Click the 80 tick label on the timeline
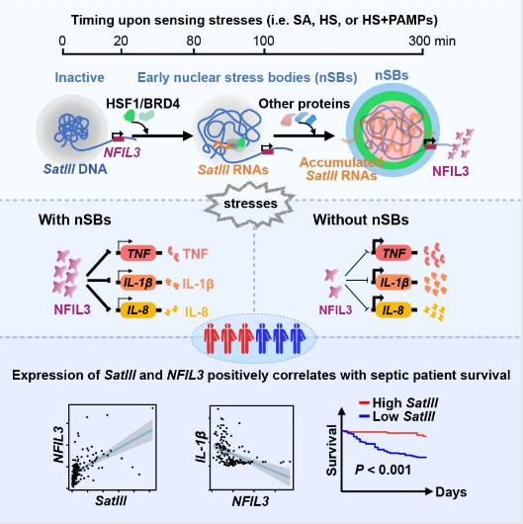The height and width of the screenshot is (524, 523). point(194,42)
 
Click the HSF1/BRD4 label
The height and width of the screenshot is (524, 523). point(142,104)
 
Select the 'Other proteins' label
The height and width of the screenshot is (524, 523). point(305,104)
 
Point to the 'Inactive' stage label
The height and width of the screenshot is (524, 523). point(79,77)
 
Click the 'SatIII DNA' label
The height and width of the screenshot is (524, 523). point(75,169)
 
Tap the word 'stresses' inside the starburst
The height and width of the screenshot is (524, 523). point(250,204)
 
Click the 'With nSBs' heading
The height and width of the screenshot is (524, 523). point(75,219)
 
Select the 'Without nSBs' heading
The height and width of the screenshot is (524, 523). point(361,219)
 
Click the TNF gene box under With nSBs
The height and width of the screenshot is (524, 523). point(138,253)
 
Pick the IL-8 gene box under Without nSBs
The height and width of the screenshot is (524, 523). point(393,309)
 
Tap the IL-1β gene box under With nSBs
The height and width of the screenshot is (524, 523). point(138,283)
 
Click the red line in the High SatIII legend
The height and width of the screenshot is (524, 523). point(364,403)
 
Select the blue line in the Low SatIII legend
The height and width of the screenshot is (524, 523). point(364,416)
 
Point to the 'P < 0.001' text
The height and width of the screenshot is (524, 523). point(383,470)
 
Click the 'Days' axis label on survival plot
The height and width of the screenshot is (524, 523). point(451,492)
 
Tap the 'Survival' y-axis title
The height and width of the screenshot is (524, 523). point(331,450)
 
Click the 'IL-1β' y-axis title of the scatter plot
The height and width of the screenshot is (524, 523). point(201,447)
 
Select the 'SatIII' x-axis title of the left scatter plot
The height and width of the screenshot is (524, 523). point(111,500)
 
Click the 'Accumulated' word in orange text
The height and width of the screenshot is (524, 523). point(341,162)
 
